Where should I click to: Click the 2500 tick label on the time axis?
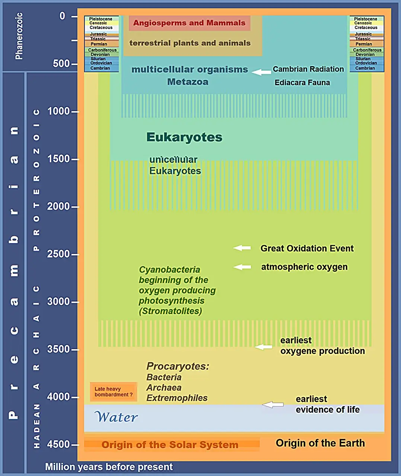coord(58,254)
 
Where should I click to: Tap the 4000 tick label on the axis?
coord(58,397)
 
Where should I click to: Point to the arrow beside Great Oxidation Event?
coord(242,248)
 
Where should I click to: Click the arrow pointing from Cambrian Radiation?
coord(261,72)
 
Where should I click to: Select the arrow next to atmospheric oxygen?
coord(242,267)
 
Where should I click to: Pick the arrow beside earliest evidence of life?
coord(273,405)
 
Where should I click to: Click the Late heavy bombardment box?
coord(114,392)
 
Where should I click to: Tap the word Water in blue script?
coord(116,417)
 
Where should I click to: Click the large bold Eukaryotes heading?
coord(184,137)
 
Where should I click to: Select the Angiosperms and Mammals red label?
coord(190,23)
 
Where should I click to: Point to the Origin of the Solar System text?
coord(170,444)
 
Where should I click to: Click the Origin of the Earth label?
coord(320,443)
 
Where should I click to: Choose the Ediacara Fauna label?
coord(302,83)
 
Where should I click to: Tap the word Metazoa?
coord(188,82)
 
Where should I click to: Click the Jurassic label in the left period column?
coord(98,34)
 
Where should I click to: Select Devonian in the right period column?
coord(365,55)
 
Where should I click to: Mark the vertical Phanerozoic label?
coord(19,36)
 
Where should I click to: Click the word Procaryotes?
coord(178,366)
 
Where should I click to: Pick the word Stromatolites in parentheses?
coord(171,311)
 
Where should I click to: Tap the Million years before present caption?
coord(109,467)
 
